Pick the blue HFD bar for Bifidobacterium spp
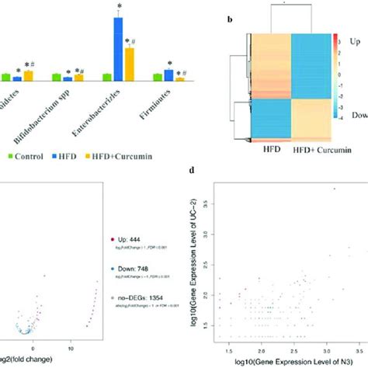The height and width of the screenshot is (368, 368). [x=67, y=78]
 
